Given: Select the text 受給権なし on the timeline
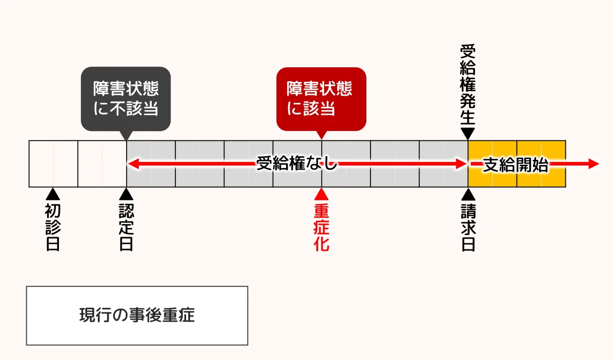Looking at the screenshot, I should coord(297,164).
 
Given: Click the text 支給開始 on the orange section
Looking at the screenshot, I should coord(516,164).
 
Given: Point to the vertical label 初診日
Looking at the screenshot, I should coord(53,227).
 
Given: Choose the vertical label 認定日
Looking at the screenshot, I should coord(126,227).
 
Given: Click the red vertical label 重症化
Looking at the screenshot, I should coord(321,227).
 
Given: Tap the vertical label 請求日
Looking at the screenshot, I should coord(467,227).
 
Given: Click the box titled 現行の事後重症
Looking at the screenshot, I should coord(137,315).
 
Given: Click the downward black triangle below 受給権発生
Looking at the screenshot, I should coord(467,133).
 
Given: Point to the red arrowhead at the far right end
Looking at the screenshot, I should coord(593,164).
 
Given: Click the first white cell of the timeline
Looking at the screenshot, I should coord(53,164).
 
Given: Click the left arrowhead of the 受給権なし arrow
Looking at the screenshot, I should coord(132,164).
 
